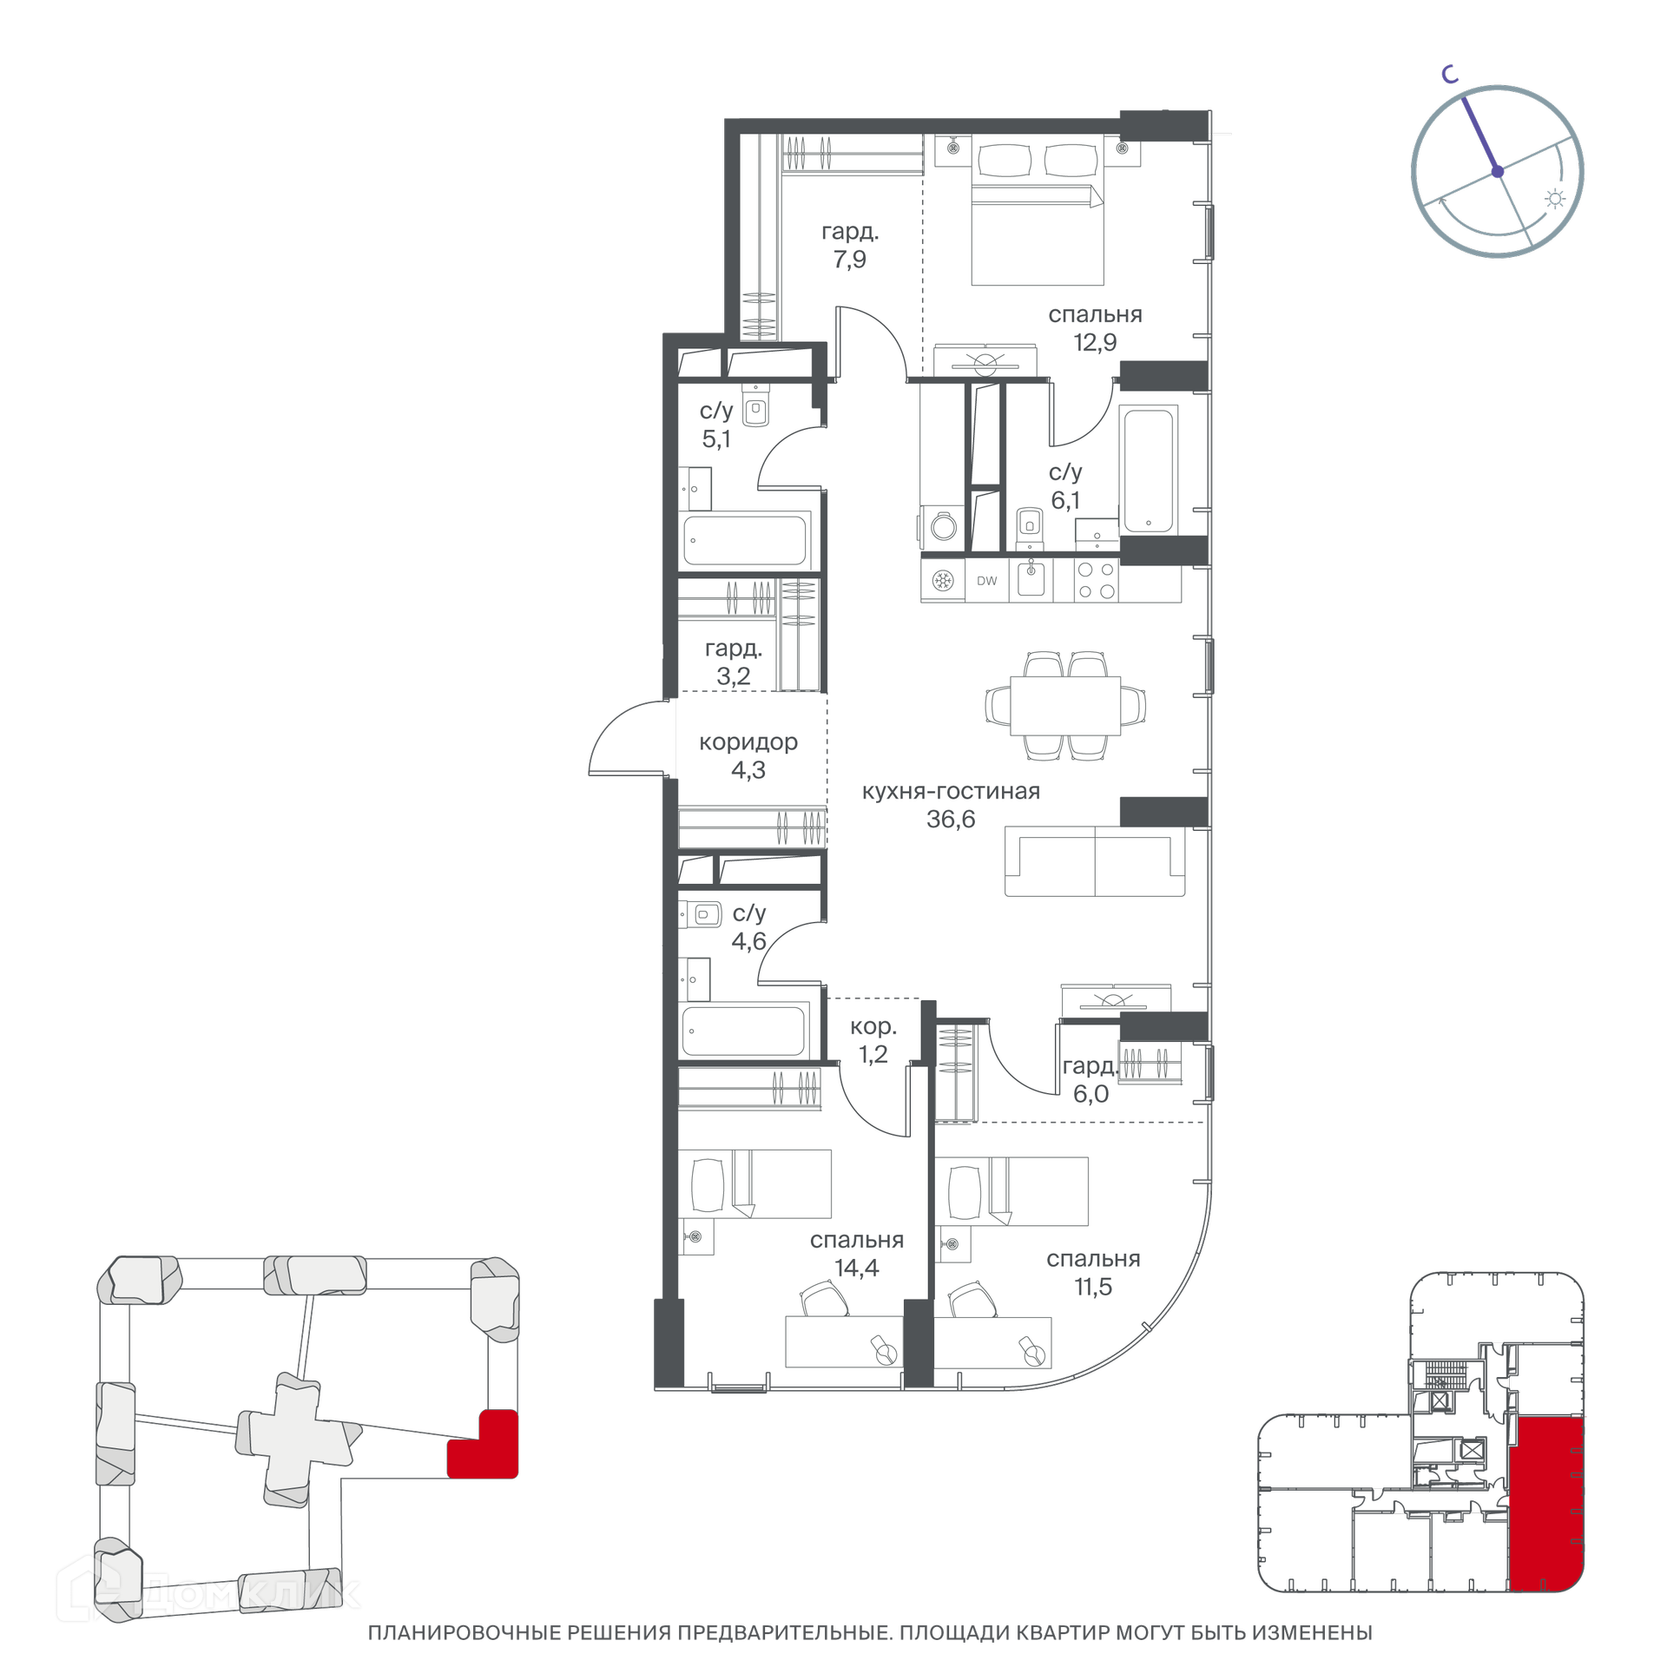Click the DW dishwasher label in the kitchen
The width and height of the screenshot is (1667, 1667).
click(986, 581)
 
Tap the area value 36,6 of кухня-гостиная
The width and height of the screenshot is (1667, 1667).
click(951, 819)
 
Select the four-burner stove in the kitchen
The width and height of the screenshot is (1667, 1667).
click(1096, 581)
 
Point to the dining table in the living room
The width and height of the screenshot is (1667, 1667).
click(1065, 705)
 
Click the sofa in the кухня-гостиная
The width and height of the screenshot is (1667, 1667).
click(1095, 861)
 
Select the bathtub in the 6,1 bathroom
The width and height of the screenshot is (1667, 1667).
click(1148, 470)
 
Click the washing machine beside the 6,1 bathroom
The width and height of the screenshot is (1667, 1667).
click(943, 525)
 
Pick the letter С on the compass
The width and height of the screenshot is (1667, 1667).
click(1449, 75)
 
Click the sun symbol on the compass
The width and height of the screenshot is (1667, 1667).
click(1555, 199)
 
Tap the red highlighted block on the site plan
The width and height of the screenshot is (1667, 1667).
click(483, 1445)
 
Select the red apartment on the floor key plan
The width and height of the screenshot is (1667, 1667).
click(1546, 1516)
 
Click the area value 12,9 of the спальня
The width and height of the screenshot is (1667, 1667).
click(1095, 342)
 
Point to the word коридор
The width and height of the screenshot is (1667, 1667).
click(748, 742)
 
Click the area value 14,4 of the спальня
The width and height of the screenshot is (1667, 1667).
click(857, 1268)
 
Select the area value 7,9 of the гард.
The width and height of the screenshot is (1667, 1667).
click(850, 259)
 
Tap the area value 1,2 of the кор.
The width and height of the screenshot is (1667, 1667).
click(873, 1054)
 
